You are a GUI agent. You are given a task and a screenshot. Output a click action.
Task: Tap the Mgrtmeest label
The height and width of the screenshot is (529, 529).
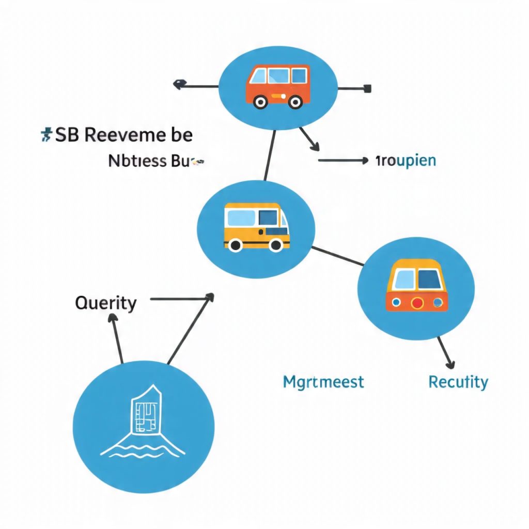coord(323,382)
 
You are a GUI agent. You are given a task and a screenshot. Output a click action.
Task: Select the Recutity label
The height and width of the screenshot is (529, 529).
coord(458,382)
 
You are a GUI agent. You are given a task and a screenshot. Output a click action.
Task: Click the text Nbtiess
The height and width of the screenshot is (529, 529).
coord(137,161)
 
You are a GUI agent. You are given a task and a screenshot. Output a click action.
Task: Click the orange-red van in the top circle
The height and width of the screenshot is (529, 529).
coord(278,85)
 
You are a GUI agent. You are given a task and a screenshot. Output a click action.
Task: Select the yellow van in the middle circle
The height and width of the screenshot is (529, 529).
coord(256,227)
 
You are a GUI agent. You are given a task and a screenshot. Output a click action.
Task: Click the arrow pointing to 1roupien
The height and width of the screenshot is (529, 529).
coord(344,161)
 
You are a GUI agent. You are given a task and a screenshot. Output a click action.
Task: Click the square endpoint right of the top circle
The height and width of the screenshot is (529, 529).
coord(368,88)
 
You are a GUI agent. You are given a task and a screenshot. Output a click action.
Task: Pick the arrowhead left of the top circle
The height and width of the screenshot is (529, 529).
coord(178,84)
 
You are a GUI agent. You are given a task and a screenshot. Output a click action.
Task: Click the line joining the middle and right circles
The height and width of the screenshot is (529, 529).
coord(337,256)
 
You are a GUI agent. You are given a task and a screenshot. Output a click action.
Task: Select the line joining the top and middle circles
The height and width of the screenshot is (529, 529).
coord(270,155)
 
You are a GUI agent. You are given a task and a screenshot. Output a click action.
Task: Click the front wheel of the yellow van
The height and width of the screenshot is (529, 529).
coord(235,244)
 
